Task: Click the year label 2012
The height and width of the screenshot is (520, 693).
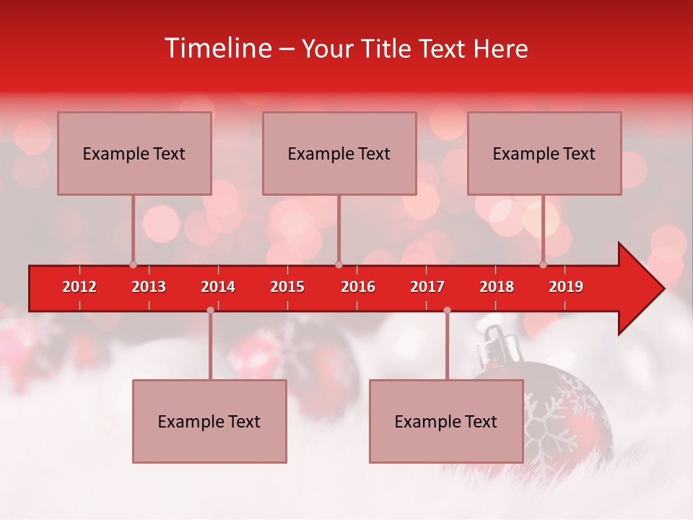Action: tap(79, 287)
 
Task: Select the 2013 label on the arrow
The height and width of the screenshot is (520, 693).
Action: tap(149, 287)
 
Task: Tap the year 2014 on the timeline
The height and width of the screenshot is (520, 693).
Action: tap(218, 287)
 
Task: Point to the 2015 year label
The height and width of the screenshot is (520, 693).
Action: tap(287, 287)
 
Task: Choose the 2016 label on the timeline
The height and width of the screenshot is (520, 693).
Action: tap(358, 287)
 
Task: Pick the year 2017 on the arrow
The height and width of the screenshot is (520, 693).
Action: tap(427, 287)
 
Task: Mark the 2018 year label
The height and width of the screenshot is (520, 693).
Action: tap(497, 287)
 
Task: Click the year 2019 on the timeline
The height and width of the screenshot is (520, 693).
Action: tap(566, 287)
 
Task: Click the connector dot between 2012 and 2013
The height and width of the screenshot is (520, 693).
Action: tap(133, 264)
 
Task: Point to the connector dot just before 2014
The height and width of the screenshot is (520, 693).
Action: tap(210, 310)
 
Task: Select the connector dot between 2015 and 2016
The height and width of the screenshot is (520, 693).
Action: tap(339, 264)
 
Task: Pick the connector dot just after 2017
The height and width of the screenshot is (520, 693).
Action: tap(447, 310)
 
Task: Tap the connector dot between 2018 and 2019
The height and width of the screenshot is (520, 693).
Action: tap(544, 264)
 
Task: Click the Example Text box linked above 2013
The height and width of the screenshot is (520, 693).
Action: tap(134, 153)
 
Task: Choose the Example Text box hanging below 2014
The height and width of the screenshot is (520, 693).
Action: tap(209, 421)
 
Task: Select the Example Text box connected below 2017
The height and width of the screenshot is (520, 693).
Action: tap(446, 421)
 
